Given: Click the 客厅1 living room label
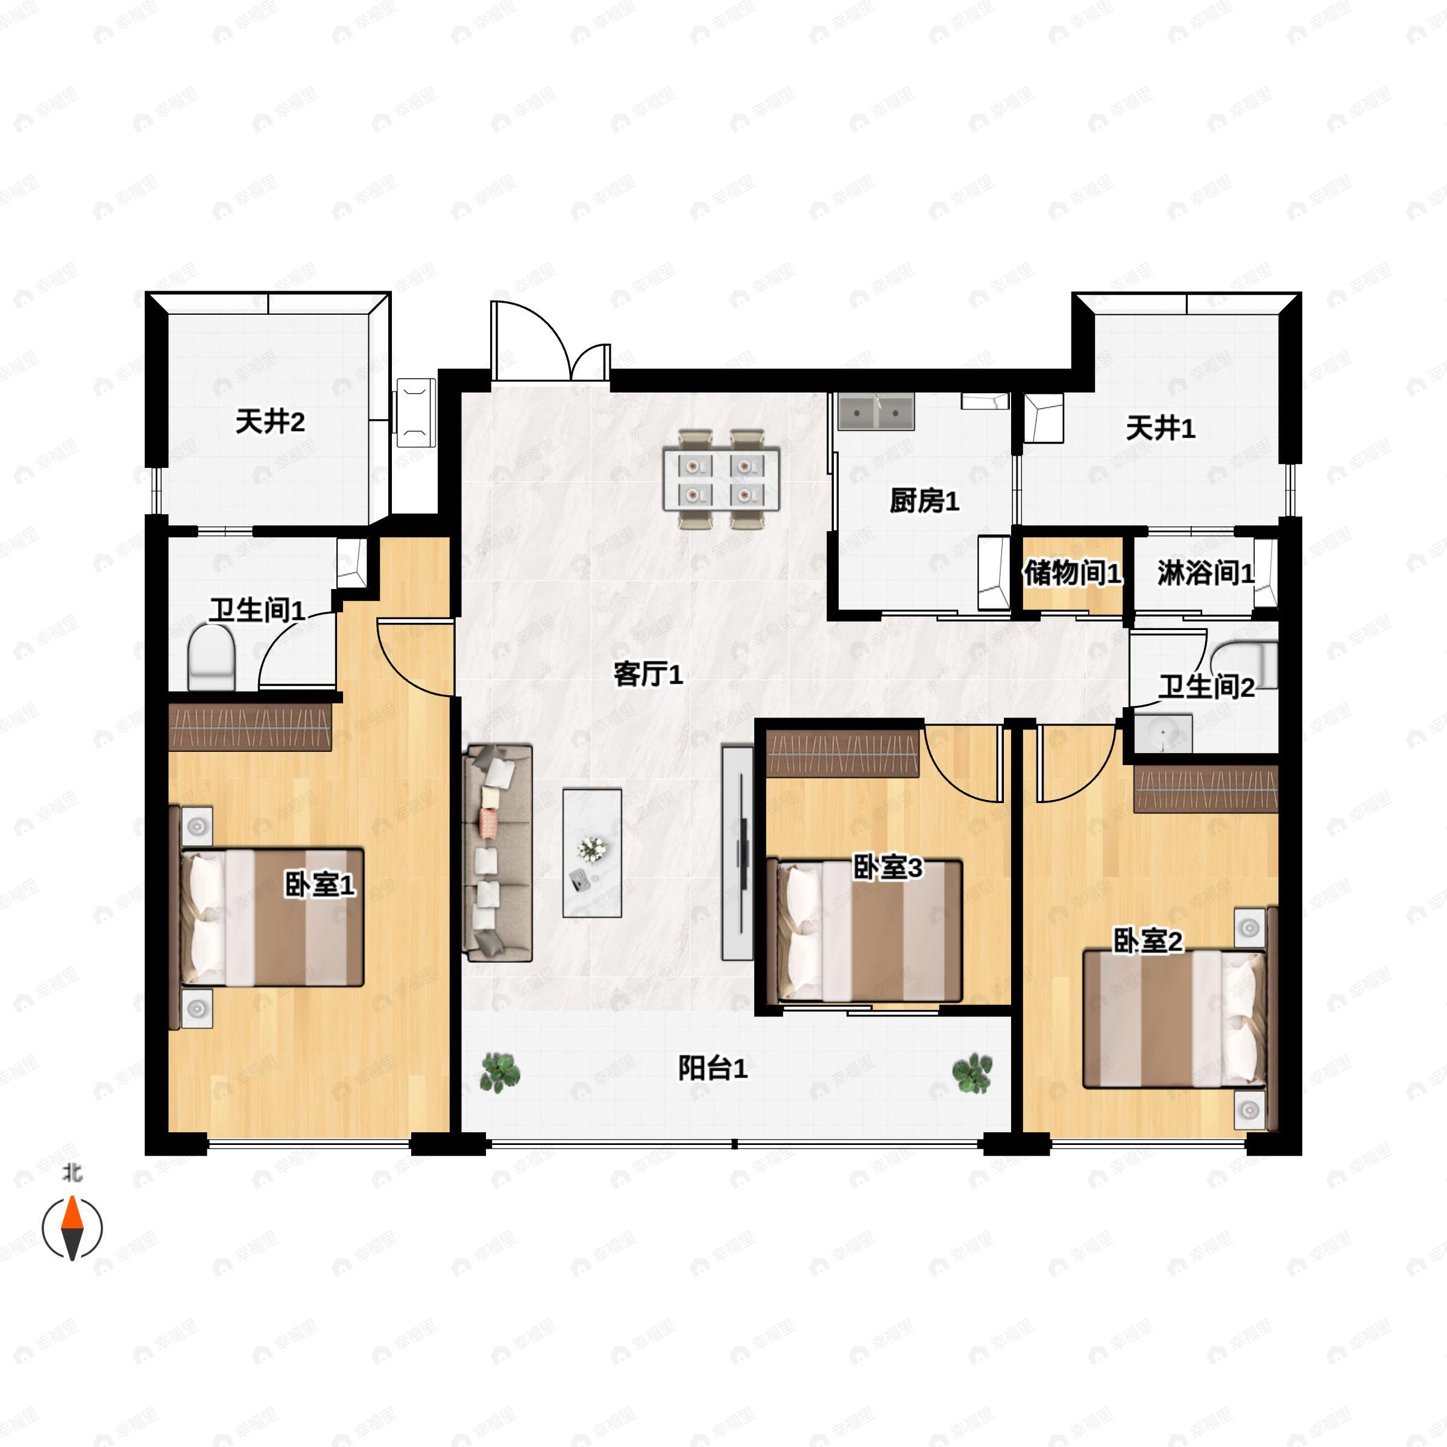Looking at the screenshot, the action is click(648, 675).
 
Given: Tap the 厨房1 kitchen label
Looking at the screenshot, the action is click(924, 500).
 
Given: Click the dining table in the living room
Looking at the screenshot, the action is click(721, 479).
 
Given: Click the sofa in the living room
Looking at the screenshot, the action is click(498, 853).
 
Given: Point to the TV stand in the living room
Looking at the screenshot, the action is click(737, 853).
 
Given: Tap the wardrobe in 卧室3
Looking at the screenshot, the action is click(843, 752).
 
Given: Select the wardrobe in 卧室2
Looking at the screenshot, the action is click(1205, 789).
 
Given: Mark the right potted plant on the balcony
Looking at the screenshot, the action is click(972, 1073).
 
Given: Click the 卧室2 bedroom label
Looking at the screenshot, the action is click(1147, 941).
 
